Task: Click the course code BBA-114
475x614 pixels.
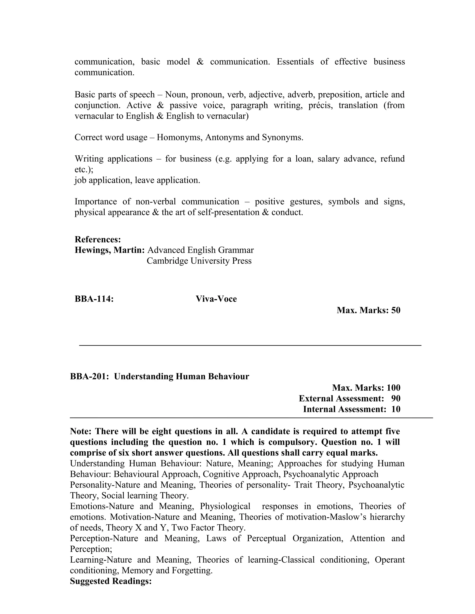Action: pyautogui.click(x=94, y=299)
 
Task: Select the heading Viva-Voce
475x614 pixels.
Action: pyautogui.click(x=216, y=299)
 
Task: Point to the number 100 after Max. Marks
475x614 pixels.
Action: pyautogui.click(x=393, y=388)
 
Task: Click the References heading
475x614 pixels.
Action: pyautogui.click(x=98, y=240)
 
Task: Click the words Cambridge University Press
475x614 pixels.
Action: pyautogui.click(x=199, y=261)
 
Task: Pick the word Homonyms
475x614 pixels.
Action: pyautogui.click(x=179, y=137)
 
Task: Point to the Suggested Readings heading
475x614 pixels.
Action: pyautogui.click(x=111, y=581)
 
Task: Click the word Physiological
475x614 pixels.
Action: pyautogui.click(x=225, y=506)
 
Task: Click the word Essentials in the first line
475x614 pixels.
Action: pyautogui.click(x=295, y=62)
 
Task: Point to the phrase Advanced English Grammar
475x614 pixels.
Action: pyautogui.click(x=200, y=250)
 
